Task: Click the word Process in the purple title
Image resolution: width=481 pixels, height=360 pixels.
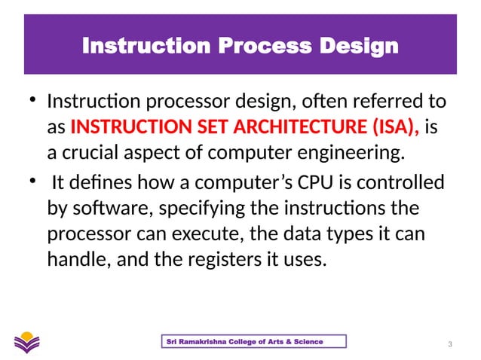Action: pos(256,47)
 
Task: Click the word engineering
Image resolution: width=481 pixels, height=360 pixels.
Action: pos(343,154)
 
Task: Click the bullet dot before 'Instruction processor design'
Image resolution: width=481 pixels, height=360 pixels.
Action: pos(32,102)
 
